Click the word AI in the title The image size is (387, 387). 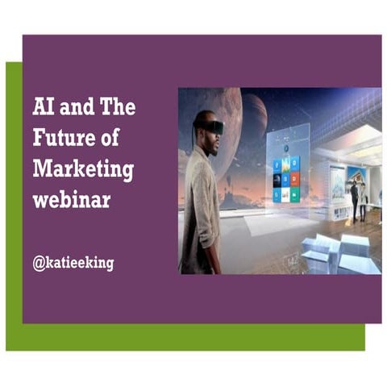click(43, 107)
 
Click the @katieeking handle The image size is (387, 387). click(73, 263)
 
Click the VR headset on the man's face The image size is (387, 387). click(212, 127)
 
